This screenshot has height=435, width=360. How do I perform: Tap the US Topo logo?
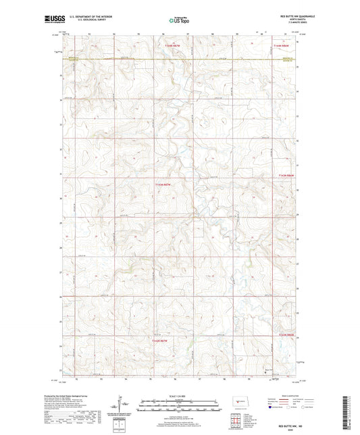tap(178, 20)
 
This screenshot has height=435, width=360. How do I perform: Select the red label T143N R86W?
tap(286, 175)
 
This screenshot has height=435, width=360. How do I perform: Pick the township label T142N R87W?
tap(159, 341)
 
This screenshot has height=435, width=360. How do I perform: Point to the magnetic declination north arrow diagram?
tap(126, 404)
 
